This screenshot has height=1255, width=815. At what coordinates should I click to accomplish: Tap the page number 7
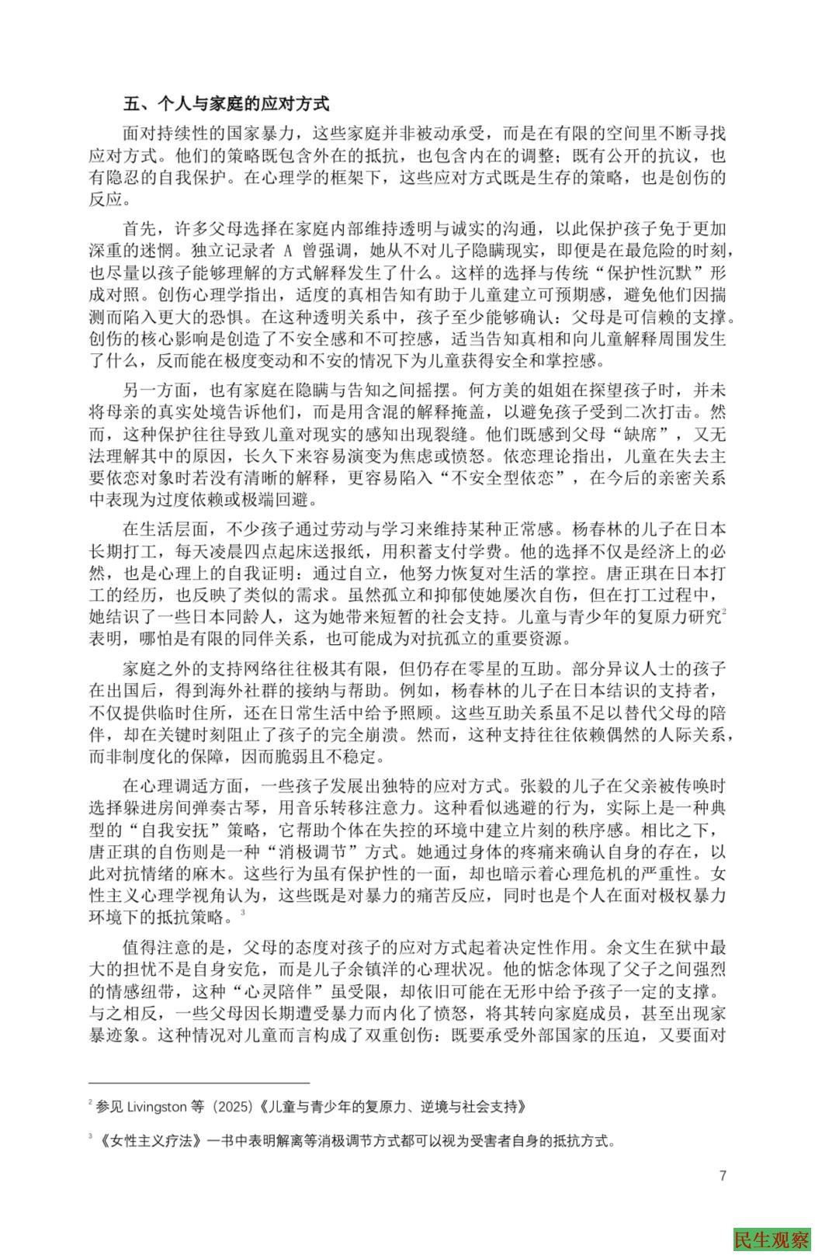(723, 1175)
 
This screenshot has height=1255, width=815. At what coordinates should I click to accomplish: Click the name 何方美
(532, 390)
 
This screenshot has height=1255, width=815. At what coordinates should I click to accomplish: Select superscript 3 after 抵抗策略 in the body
(242, 913)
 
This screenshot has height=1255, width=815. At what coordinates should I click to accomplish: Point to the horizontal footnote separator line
(199, 1080)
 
